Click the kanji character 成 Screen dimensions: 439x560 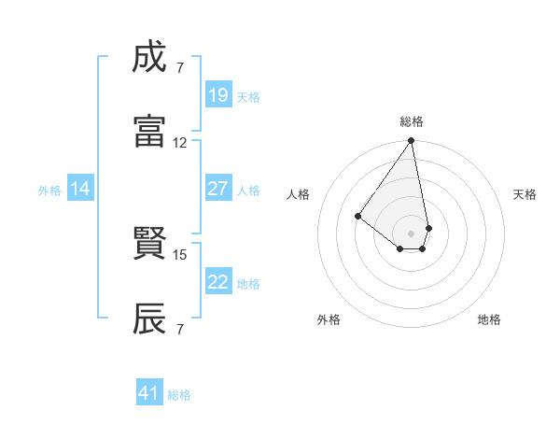click(150, 58)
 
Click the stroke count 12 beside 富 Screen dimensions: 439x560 click(180, 143)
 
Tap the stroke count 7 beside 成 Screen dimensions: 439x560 click(180, 68)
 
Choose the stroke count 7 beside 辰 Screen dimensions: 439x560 click(180, 329)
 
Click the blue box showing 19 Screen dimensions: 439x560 click(217, 95)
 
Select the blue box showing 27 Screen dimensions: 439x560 click(217, 189)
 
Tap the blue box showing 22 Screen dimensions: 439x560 click(217, 282)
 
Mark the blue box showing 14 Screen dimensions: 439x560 click(80, 190)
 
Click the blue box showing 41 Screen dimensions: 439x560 click(149, 393)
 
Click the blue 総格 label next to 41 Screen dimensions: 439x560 click(179, 395)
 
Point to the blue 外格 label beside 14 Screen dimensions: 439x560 click(49, 191)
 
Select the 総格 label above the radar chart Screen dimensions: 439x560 click(412, 121)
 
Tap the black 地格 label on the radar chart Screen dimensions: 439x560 click(489, 319)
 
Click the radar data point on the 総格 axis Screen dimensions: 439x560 click(412, 141)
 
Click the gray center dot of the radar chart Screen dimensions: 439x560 click(412, 233)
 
